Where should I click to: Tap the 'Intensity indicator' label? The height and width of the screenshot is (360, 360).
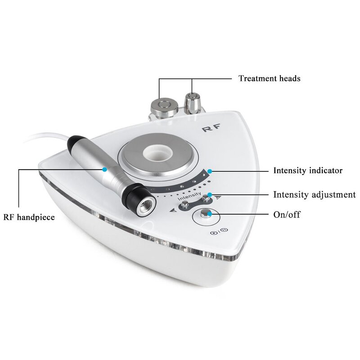click(x=308, y=171)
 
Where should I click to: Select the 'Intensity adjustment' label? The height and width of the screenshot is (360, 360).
click(x=315, y=195)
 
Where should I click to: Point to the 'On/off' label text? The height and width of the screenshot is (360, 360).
click(x=287, y=215)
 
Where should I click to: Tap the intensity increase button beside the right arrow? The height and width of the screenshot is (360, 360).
click(x=207, y=198)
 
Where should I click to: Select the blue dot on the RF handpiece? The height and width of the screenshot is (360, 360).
click(x=104, y=170)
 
